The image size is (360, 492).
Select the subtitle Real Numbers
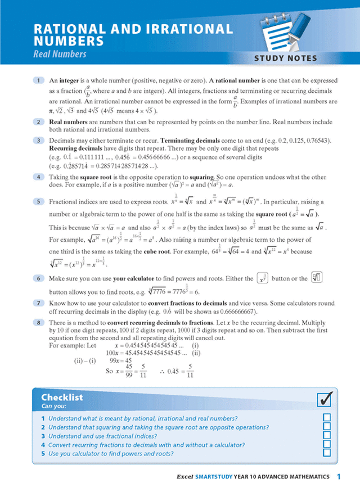click(x=60, y=55)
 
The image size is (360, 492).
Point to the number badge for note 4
click(x=38, y=176)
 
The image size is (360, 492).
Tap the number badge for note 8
click(x=38, y=322)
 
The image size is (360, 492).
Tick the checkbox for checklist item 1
click(x=327, y=418)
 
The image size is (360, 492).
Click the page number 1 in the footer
click(x=339, y=477)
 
